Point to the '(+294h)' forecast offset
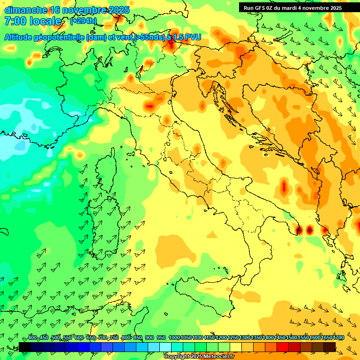tap(83, 21)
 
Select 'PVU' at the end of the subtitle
tap(192, 37)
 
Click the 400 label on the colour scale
tap(32, 338)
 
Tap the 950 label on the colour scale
tap(161, 338)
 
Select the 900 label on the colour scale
tap(149, 338)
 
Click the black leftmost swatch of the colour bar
tap(25, 347)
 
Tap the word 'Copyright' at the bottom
tap(177, 357)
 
